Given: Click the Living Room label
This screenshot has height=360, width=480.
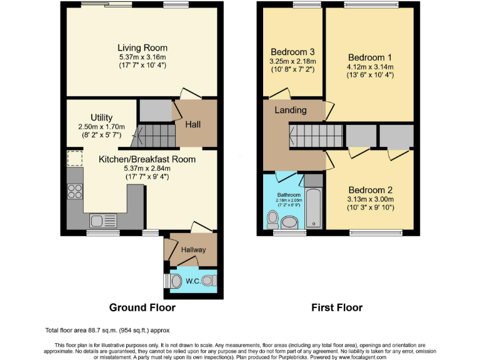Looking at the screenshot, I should [142, 47].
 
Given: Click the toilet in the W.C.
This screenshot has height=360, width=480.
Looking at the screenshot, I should [176, 281].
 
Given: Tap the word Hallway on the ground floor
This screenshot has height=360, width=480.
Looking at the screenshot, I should [193, 250].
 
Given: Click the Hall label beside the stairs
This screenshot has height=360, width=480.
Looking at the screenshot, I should [193, 124].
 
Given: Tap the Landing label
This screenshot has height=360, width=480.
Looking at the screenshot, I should [291, 110].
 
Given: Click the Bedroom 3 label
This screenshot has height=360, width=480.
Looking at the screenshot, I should [292, 52].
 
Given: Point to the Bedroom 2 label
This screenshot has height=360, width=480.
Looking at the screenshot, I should [371, 190].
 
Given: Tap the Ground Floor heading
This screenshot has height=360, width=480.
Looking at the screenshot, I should [142, 307].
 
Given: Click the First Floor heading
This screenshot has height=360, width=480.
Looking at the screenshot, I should [337, 307].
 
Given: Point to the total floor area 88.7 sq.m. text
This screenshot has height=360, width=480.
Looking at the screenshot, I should [107, 330].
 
